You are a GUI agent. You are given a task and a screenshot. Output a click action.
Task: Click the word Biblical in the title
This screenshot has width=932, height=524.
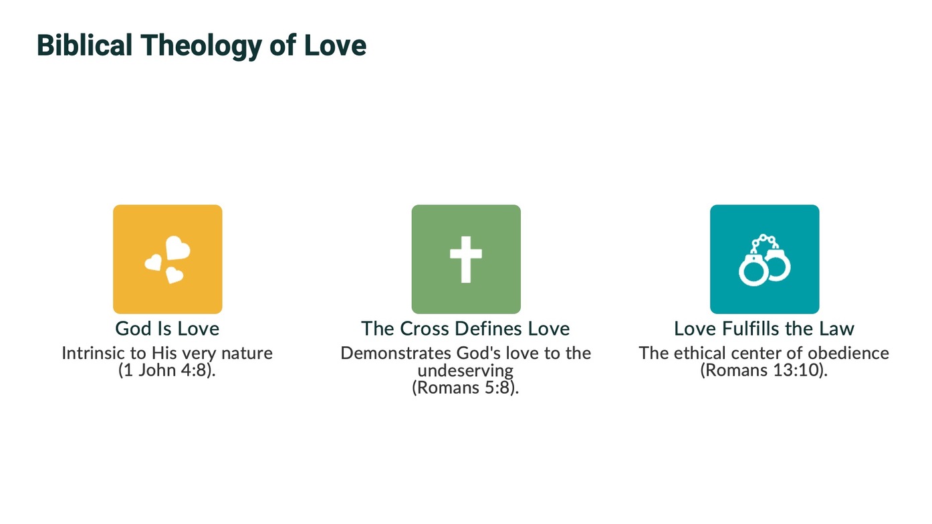pos(84,45)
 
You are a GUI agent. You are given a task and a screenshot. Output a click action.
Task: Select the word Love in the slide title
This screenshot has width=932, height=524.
pos(335,45)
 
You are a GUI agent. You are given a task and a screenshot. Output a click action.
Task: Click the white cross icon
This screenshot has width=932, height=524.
pos(466,259)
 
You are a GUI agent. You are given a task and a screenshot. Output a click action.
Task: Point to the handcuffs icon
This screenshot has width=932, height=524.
pos(765,260)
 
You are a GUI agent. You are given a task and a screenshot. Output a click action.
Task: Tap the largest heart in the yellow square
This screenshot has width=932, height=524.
pos(178,248)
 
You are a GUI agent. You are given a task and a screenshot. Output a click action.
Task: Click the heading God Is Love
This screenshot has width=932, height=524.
pos(167,329)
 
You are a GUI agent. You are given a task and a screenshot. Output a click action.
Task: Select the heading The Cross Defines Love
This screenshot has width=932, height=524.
pos(465,329)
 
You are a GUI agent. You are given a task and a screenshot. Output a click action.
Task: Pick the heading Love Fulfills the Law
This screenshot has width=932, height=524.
pos(764,329)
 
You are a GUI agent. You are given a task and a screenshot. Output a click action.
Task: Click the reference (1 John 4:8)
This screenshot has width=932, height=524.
pos(167,370)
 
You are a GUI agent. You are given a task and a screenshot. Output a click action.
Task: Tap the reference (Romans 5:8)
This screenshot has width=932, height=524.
pos(465,387)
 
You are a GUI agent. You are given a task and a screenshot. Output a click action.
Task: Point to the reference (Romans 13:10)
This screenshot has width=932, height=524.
pos(764,370)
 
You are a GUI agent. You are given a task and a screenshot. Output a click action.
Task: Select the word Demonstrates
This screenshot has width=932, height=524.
pos(396,353)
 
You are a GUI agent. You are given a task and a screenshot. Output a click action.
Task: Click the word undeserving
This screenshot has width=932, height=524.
pos(465,370)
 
